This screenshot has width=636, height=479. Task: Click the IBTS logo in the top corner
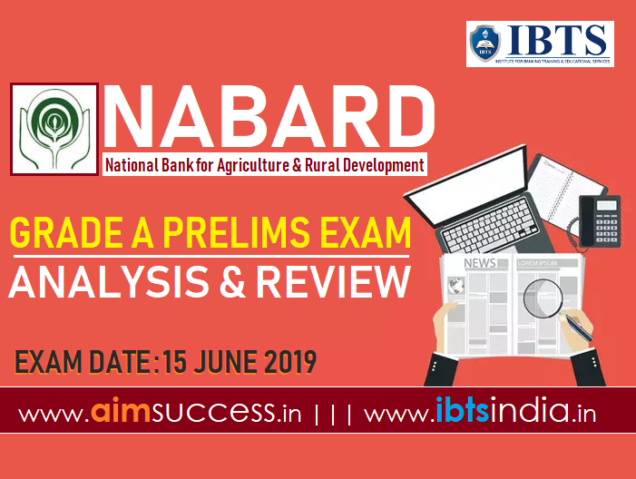pos(540,44)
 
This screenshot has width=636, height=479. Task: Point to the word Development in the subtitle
pos(380,166)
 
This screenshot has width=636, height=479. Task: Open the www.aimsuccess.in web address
pos(160,413)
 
